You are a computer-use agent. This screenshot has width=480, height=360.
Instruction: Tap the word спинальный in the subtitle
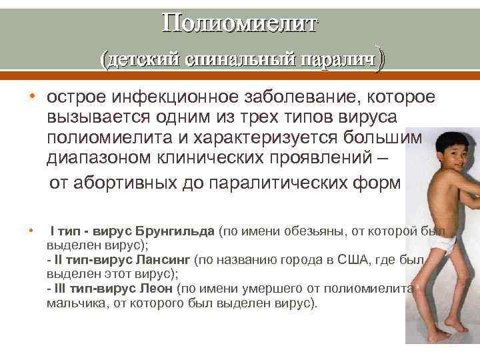(239, 60)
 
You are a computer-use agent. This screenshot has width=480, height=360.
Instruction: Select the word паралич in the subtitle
(337, 60)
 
